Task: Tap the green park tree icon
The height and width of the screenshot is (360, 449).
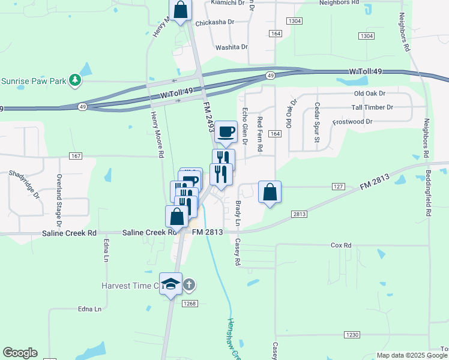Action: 74,80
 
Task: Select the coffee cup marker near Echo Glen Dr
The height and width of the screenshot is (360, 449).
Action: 226,132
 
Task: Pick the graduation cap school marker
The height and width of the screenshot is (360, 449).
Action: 171,284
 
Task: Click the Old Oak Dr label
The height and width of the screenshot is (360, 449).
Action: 370,94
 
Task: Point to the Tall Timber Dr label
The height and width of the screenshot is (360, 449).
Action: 372,107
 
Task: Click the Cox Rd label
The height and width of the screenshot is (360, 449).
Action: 341,245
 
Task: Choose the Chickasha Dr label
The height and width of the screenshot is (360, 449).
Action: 214,23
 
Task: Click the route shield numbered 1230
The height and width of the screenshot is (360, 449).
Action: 352,334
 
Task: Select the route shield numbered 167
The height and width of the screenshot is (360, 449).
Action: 75,156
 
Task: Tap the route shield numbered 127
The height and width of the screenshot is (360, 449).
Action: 338,187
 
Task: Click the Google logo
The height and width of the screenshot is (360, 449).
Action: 20,353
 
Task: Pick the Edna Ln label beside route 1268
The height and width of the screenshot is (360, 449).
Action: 89,309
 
